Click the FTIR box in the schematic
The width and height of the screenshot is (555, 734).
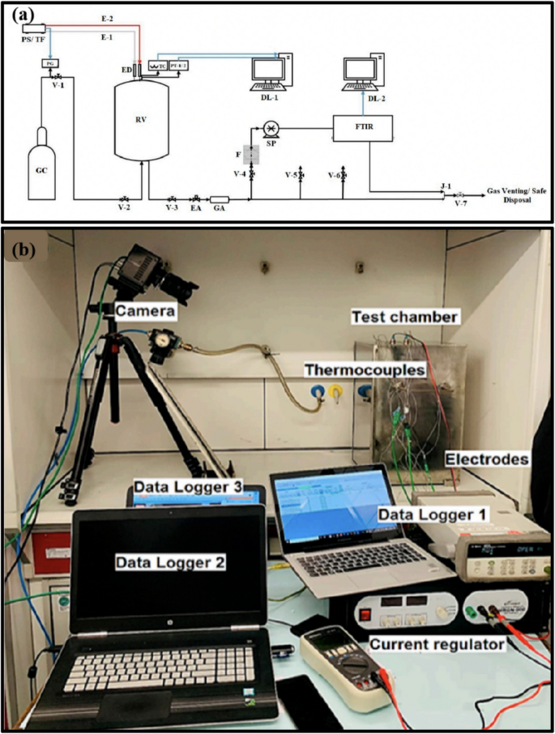363,127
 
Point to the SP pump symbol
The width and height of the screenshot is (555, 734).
269,128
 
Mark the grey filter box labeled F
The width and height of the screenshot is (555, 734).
252,154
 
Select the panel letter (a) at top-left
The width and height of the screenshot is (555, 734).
22,15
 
